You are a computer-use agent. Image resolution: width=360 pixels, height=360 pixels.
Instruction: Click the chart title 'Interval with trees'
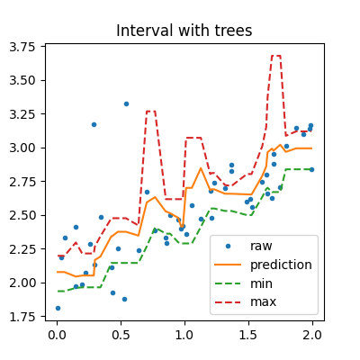click(180, 31)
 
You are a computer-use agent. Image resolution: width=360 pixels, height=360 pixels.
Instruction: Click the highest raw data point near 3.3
click(126, 103)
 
